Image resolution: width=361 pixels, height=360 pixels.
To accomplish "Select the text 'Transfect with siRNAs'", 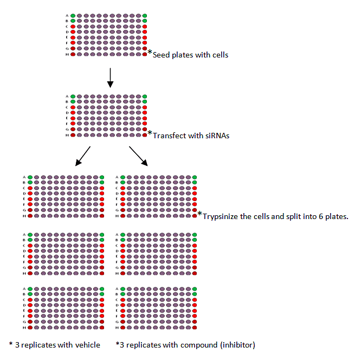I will point(191,136).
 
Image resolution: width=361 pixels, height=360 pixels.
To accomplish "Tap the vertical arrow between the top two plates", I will point(110,77).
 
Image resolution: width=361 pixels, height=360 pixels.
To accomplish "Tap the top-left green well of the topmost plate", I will point(73,15).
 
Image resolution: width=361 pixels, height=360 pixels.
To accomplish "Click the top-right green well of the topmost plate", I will point(145,15).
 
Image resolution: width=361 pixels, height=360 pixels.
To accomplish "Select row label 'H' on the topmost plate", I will point(67,54).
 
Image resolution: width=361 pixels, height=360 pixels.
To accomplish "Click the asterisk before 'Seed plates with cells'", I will point(150,53).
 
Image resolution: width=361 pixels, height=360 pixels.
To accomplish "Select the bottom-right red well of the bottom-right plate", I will point(194,327).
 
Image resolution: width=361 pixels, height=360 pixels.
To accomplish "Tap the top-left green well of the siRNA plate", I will point(73,97).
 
